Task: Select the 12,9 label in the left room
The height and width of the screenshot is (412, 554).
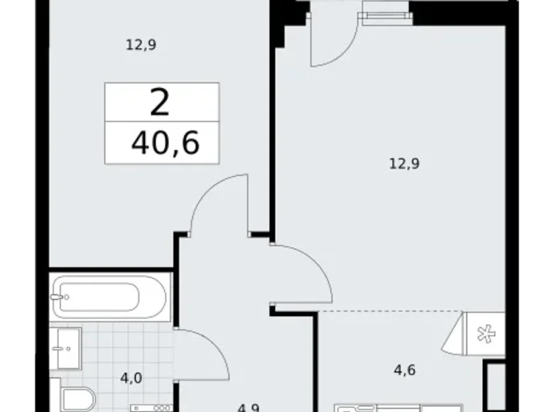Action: coord(141,45)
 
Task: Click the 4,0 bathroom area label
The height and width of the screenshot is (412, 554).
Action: coord(131,378)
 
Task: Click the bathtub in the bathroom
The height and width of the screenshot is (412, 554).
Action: coord(109,296)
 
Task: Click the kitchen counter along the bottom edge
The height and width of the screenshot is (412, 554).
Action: coord(405,407)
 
